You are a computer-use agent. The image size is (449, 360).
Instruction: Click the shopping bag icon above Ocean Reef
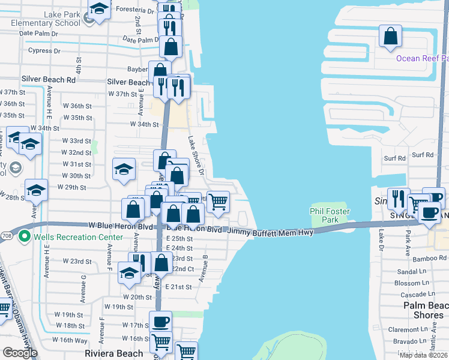[390, 36]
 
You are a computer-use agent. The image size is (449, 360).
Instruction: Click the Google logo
[20, 353]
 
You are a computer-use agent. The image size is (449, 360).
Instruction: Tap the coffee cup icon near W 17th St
[160, 322]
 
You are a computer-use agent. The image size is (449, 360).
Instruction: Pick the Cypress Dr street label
[40, 51]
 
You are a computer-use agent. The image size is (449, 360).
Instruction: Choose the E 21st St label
[178, 287]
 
